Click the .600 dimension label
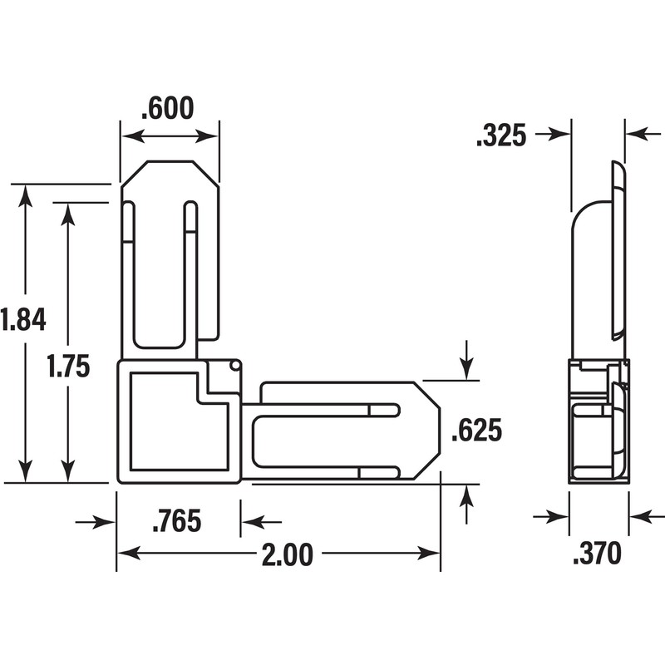(x=169, y=108)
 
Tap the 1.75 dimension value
(x=68, y=367)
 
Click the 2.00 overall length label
(x=287, y=554)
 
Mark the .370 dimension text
(x=598, y=554)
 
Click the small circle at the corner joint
(x=234, y=364)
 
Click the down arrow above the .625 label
(x=466, y=367)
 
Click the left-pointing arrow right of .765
(x=251, y=522)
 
